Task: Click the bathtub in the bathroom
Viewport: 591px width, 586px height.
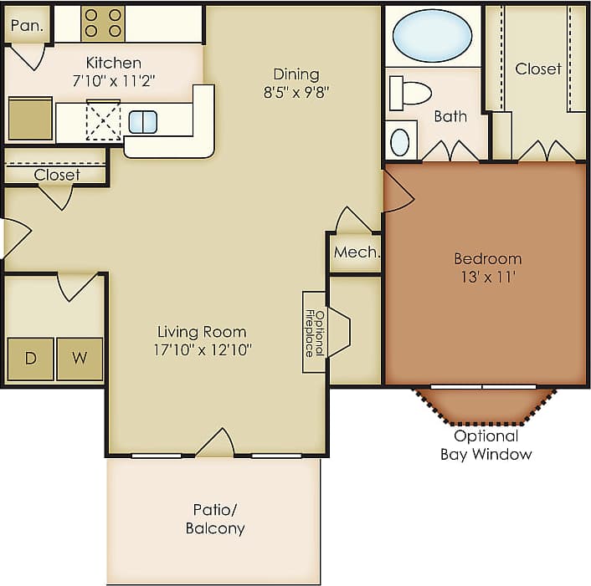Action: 432,36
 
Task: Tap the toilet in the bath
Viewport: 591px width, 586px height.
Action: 410,92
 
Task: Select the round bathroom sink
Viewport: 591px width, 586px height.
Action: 400,141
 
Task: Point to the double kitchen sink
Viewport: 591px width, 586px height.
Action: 143,122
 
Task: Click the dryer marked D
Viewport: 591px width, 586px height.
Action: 31,359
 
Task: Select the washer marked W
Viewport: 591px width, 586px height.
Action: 80,359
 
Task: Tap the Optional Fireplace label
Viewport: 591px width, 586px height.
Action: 313,332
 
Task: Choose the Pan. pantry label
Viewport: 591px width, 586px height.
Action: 28,25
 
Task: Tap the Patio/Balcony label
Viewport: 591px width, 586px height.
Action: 214,518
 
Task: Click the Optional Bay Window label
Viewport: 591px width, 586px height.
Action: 486,445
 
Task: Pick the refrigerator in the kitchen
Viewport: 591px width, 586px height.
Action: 30,119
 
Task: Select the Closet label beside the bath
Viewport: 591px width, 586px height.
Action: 537,69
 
